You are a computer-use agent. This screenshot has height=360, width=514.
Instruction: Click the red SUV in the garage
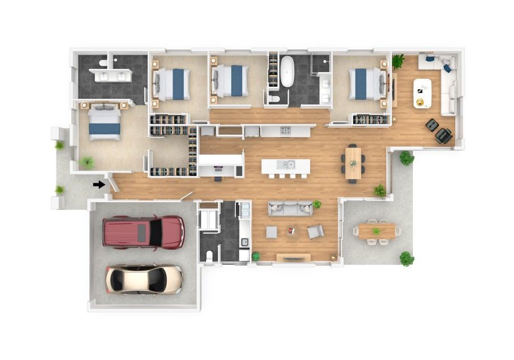[143, 231]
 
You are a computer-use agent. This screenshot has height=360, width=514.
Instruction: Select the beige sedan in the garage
[144, 279]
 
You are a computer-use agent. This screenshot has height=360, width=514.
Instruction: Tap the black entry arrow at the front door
[100, 184]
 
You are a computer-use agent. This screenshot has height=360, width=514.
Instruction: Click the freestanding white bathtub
[287, 71]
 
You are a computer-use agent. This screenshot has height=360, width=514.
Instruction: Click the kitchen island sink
[286, 165]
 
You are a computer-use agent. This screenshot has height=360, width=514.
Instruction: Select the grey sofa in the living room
[291, 208]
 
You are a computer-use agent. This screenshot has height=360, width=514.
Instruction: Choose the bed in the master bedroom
[105, 122]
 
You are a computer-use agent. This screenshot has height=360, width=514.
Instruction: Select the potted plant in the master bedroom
[87, 163]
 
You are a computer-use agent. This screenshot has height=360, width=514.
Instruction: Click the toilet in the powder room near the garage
[210, 255]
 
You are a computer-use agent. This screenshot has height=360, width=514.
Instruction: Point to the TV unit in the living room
[294, 258]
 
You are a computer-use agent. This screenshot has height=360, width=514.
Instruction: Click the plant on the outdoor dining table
[376, 231]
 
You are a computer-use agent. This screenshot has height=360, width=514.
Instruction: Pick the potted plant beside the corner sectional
[398, 60]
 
